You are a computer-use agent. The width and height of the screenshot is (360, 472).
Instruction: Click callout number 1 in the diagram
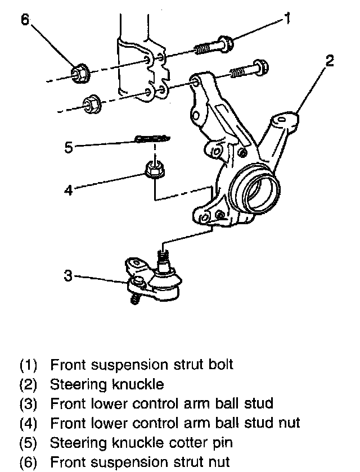287,19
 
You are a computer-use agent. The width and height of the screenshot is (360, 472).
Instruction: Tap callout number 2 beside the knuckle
330,61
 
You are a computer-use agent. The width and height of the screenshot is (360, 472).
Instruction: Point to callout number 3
67,276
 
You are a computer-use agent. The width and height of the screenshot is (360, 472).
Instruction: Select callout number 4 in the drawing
68,190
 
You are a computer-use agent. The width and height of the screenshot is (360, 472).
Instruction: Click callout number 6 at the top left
25,20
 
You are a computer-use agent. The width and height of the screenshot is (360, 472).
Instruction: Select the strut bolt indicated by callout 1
214,45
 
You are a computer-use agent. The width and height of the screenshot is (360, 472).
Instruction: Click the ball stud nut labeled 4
153,168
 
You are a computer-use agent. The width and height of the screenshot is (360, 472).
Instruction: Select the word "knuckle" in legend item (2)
137,384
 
